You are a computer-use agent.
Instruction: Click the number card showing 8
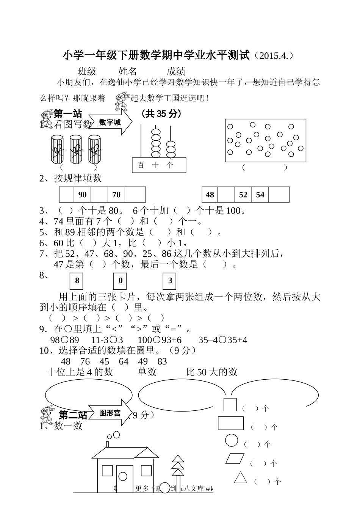[x=77, y=281]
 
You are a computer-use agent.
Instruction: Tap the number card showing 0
[x=120, y=281]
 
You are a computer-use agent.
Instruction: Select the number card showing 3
[x=170, y=281]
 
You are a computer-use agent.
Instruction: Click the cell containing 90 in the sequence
[x=82, y=195]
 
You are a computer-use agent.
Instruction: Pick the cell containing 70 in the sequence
[x=116, y=195]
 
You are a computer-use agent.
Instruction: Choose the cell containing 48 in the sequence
[x=210, y=195]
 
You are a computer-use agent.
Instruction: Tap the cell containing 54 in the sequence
[x=260, y=195]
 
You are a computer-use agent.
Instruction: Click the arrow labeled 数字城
[x=111, y=122]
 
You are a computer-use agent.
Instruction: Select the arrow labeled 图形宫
[x=111, y=413]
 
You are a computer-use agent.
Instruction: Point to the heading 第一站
[x=67, y=113]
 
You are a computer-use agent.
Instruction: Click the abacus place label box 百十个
[x=159, y=165]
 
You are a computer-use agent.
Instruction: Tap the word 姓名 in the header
[x=128, y=71]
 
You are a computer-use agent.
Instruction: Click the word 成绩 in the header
[x=176, y=71]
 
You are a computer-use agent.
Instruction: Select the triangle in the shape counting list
[x=240, y=477]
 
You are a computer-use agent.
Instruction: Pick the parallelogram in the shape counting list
[x=235, y=458]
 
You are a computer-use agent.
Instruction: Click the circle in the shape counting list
[x=232, y=440]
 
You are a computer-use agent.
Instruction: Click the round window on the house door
[x=122, y=476]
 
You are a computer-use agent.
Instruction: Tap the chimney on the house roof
[x=108, y=444]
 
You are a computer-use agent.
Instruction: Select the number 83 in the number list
[x=162, y=361]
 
